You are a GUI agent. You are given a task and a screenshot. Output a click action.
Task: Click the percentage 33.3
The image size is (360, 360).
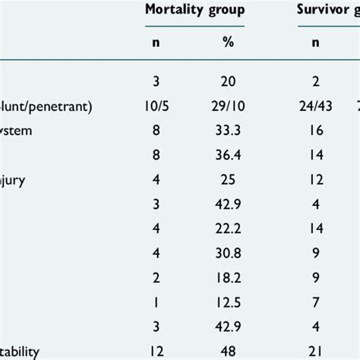tap(229, 129)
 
